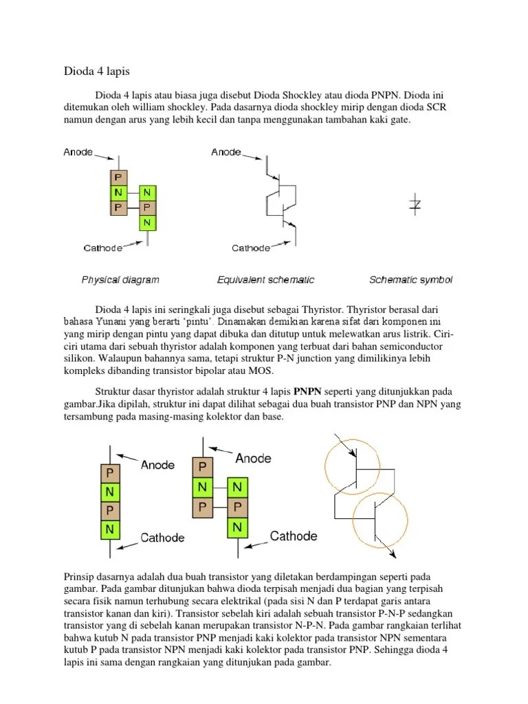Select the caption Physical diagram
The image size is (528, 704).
120,280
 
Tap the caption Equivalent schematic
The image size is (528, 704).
265,280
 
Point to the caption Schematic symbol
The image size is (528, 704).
410,280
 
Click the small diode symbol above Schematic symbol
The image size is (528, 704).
415,204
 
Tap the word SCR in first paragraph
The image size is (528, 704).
440,107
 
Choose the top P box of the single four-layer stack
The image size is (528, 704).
109,473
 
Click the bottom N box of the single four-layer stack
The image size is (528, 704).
109,530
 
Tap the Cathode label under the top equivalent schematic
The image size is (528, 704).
251,248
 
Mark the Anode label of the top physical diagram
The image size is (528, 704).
78,153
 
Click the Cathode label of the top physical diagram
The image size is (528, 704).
103,247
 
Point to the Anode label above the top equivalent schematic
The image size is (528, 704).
226,153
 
